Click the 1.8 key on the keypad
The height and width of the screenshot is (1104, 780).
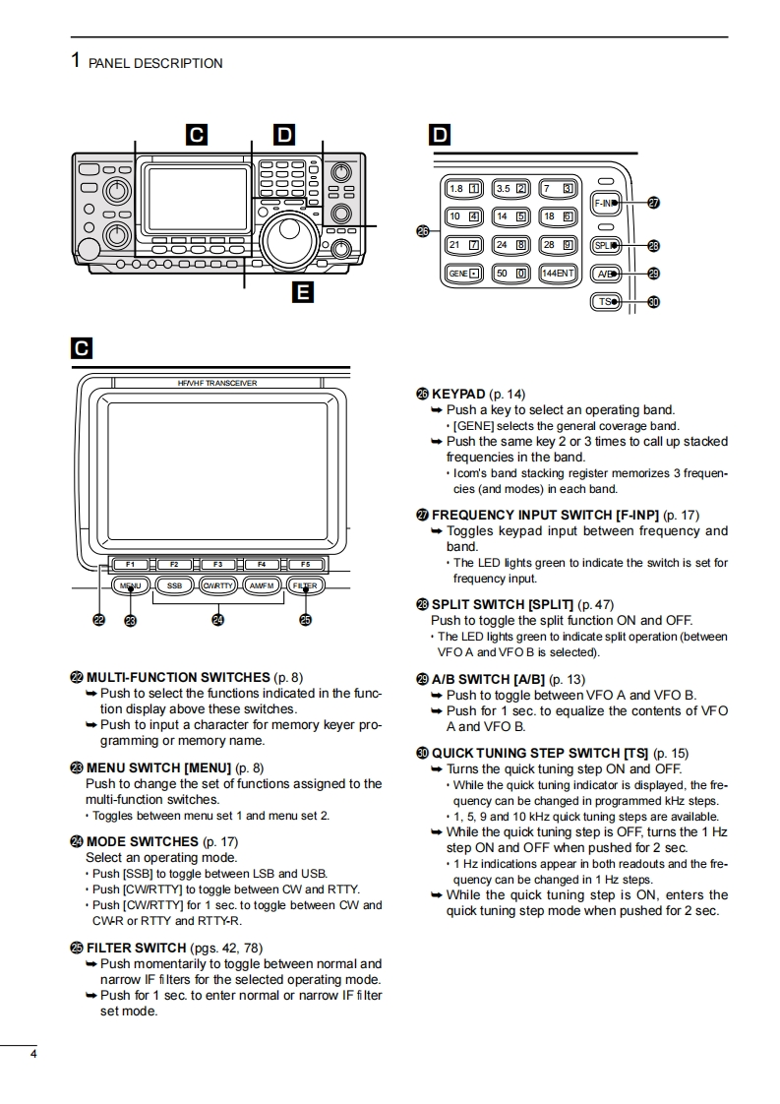[463, 189]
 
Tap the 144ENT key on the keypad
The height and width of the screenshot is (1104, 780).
[559, 273]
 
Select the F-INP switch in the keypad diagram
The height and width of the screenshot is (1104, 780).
[606, 204]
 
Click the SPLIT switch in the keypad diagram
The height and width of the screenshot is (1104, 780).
[606, 246]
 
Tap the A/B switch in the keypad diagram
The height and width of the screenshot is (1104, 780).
[606, 274]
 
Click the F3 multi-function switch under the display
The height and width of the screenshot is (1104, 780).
[217, 564]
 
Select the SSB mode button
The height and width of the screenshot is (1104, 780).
[174, 585]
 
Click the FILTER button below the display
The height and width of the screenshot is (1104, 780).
[305, 585]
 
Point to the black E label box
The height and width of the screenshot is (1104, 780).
[303, 291]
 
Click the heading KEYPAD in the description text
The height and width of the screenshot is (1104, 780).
[458, 394]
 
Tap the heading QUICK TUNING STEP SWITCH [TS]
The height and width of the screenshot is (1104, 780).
[540, 754]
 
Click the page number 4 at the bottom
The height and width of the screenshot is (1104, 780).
[34, 1056]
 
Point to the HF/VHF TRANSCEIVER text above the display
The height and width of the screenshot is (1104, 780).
[217, 383]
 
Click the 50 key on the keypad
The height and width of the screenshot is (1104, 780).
[510, 273]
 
